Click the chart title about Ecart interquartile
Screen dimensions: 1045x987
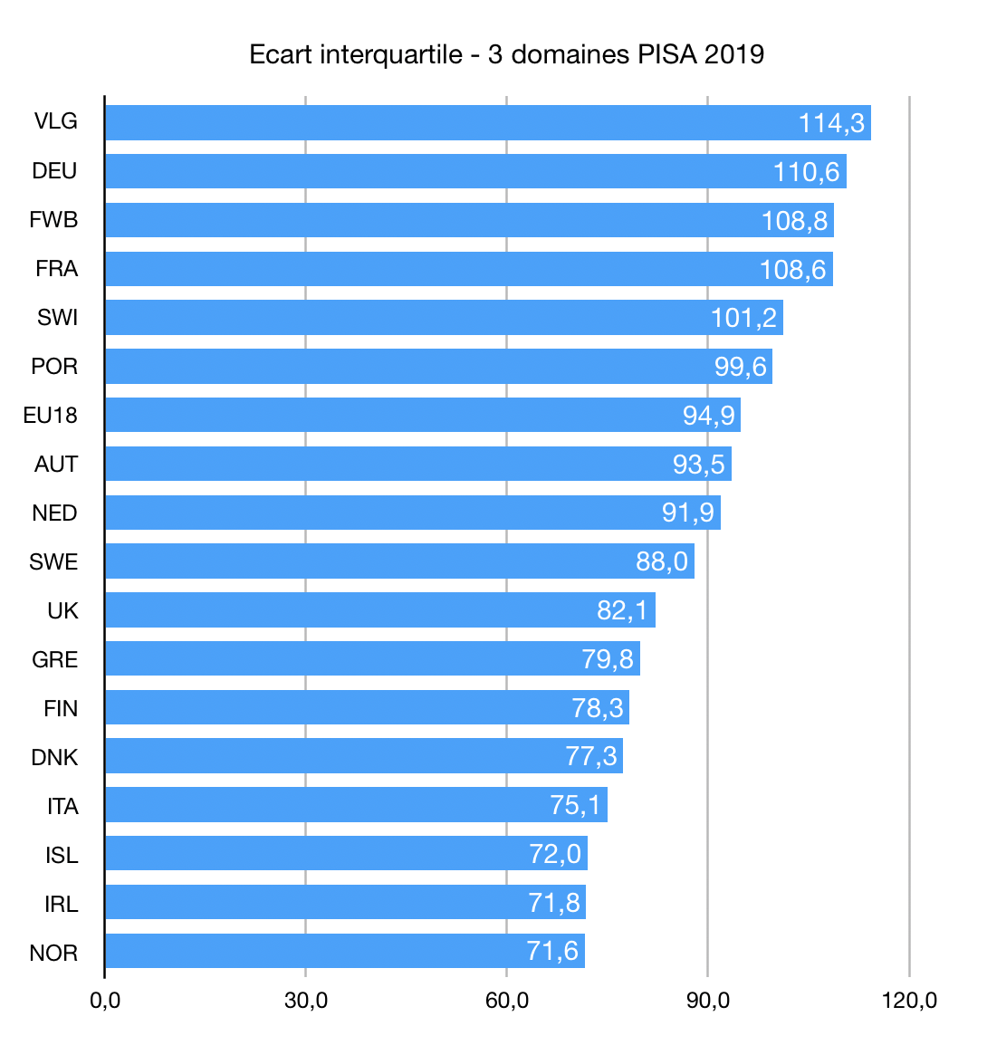[x=506, y=54]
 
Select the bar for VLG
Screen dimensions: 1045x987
[x=487, y=122]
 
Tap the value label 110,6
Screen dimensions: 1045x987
[x=806, y=172]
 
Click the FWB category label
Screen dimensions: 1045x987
[x=53, y=220]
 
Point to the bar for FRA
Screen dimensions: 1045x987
[x=468, y=269]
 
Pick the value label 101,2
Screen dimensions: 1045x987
[x=743, y=318]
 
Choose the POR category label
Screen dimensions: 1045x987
[x=54, y=367]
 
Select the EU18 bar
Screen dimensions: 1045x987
[x=422, y=416]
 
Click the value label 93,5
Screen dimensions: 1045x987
[x=698, y=465]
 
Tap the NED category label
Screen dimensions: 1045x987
[x=54, y=513]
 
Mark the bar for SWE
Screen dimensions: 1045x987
[x=399, y=561]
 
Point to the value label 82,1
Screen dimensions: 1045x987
[x=622, y=610]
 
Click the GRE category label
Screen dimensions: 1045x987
[x=54, y=660]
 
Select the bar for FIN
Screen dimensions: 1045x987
[x=367, y=708]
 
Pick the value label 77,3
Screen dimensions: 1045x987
[x=591, y=756]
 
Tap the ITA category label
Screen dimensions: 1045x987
[x=62, y=807]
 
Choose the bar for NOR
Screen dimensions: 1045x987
[x=345, y=952]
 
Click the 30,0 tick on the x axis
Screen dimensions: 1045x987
[x=306, y=1001]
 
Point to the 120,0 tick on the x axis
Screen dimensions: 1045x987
[x=909, y=1001]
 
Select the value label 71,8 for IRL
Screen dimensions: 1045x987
[x=554, y=903]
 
